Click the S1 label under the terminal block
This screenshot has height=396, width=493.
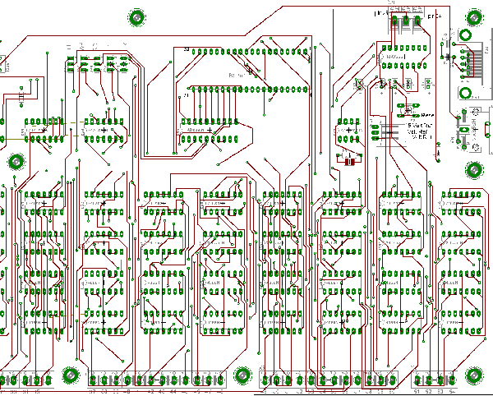click(x=422, y=392)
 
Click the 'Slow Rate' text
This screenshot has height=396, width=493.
click(x=420, y=125)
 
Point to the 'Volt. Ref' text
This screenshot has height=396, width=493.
click(x=420, y=132)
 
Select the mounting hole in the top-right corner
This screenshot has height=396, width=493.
click(x=474, y=17)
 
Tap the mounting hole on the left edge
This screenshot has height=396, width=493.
click(x=15, y=161)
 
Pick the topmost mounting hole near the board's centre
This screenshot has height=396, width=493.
click(x=136, y=16)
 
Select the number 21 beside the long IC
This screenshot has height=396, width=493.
click(x=187, y=96)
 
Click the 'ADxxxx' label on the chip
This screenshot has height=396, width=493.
click(x=196, y=130)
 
